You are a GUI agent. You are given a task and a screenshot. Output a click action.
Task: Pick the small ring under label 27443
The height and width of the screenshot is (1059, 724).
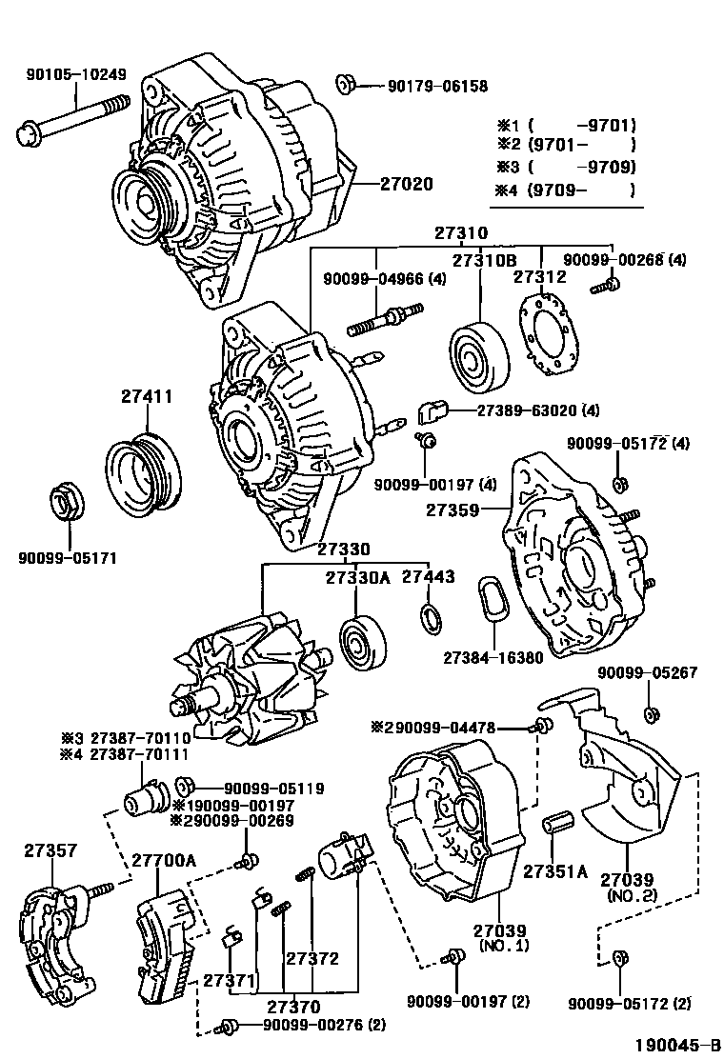pos(431,620)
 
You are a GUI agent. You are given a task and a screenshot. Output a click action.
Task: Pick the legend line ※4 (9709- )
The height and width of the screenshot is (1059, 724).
pos(565,190)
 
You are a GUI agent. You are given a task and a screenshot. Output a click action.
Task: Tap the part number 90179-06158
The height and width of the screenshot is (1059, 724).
pos(437,86)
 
